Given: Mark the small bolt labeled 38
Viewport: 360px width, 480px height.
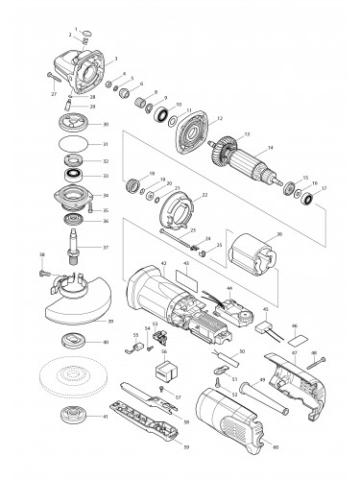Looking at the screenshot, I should click(47, 275).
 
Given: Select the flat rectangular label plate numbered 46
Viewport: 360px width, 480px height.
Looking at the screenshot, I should click(300, 339).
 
